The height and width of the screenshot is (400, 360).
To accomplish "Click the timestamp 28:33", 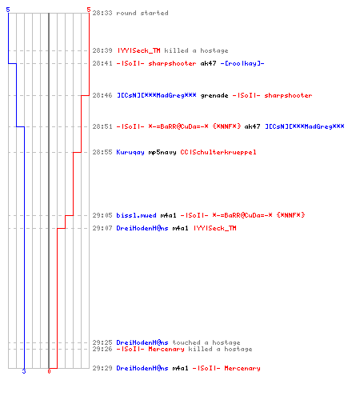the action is (102, 13).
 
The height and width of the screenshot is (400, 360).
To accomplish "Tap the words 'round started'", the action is (142, 13).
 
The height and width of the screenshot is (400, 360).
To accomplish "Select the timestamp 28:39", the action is (102, 50).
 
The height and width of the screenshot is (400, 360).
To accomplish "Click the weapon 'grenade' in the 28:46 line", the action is (214, 95).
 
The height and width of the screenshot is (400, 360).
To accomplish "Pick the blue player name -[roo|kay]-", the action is (242, 63).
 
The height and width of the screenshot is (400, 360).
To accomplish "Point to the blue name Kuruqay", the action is (130, 152).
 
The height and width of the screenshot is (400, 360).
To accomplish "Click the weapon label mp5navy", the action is (162, 152).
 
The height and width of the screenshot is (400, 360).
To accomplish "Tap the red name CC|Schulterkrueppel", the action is (218, 152).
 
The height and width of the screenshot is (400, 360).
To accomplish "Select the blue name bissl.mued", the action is (137, 215).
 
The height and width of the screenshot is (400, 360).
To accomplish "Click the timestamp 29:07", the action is (102, 228).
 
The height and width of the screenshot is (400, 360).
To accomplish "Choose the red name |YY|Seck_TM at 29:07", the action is (214, 228).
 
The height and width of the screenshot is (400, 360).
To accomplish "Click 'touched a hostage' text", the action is (206, 342).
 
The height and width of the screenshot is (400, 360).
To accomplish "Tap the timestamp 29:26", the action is (102, 349).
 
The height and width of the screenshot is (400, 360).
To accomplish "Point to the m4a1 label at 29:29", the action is (181, 368).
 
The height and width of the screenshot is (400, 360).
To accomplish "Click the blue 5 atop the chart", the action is (8, 10).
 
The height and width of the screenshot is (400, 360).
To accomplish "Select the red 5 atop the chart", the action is (89, 10).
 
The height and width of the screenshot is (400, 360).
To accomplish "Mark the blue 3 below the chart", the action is (24, 371).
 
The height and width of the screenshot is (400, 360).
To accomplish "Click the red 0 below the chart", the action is (49, 371).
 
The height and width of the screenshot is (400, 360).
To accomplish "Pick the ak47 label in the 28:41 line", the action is (209, 63).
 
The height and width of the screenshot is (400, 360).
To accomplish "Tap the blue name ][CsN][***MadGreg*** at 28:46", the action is (157, 95).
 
